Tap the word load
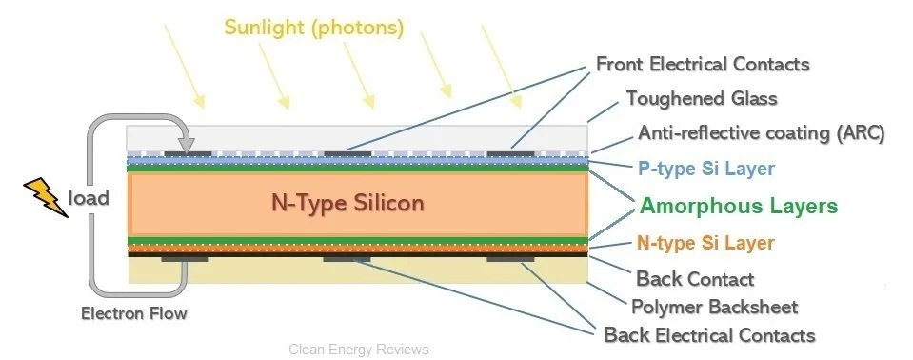(89, 198)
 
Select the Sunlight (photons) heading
(314, 27)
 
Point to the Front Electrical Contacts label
(703, 65)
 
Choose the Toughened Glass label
(702, 98)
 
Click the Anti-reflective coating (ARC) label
(762, 133)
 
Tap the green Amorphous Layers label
(739, 206)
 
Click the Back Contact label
(695, 279)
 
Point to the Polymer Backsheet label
(714, 307)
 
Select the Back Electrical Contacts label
(709, 335)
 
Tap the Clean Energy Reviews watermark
(358, 350)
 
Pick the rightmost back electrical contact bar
(510, 258)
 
